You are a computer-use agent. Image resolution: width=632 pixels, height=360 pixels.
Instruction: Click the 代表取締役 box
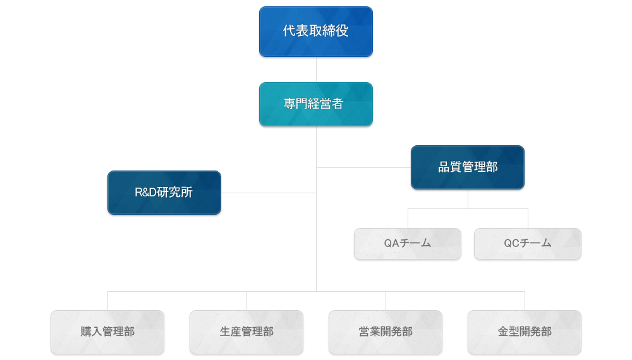pyautogui.click(x=315, y=32)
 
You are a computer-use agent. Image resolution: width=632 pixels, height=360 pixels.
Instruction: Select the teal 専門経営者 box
pyautogui.click(x=315, y=104)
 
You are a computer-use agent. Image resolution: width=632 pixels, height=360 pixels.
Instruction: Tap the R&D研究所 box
pyautogui.click(x=164, y=193)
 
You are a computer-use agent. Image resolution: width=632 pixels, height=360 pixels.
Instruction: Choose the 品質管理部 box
pyautogui.click(x=468, y=167)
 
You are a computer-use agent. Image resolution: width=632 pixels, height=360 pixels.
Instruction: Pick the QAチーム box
pyautogui.click(x=408, y=244)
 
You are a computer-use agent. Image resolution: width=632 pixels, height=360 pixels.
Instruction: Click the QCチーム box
pyautogui.click(x=528, y=244)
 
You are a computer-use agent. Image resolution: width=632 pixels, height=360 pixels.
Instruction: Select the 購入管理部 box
pyautogui.click(x=107, y=332)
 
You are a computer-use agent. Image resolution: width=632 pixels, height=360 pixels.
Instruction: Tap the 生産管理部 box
pyautogui.click(x=246, y=332)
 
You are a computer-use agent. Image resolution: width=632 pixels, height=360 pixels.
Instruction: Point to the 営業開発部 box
pyautogui.click(x=386, y=332)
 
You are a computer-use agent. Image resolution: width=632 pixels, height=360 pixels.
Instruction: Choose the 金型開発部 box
pyautogui.click(x=525, y=332)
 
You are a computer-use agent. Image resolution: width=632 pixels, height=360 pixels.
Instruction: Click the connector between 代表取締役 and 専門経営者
pyautogui.click(x=316, y=69)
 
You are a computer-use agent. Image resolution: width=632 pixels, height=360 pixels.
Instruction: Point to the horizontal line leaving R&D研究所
pyautogui.click(x=269, y=193)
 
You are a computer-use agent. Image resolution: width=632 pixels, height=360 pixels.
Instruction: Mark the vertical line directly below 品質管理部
pyautogui.click(x=468, y=199)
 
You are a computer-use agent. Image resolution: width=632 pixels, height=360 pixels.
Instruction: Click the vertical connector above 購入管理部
pyautogui.click(x=107, y=301)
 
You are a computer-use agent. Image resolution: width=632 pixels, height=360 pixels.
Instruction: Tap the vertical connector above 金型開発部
pyautogui.click(x=525, y=301)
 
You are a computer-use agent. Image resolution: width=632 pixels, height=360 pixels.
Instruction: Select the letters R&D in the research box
pyautogui.click(x=145, y=193)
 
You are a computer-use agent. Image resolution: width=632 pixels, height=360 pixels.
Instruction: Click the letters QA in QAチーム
pyautogui.click(x=391, y=243)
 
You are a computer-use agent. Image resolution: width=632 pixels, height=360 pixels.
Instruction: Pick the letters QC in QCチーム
pyautogui.click(x=511, y=243)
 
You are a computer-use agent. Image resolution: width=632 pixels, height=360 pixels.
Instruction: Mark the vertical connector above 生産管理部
pyautogui.click(x=246, y=301)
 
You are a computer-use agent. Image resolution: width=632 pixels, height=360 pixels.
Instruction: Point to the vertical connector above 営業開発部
pyautogui.click(x=386, y=301)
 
